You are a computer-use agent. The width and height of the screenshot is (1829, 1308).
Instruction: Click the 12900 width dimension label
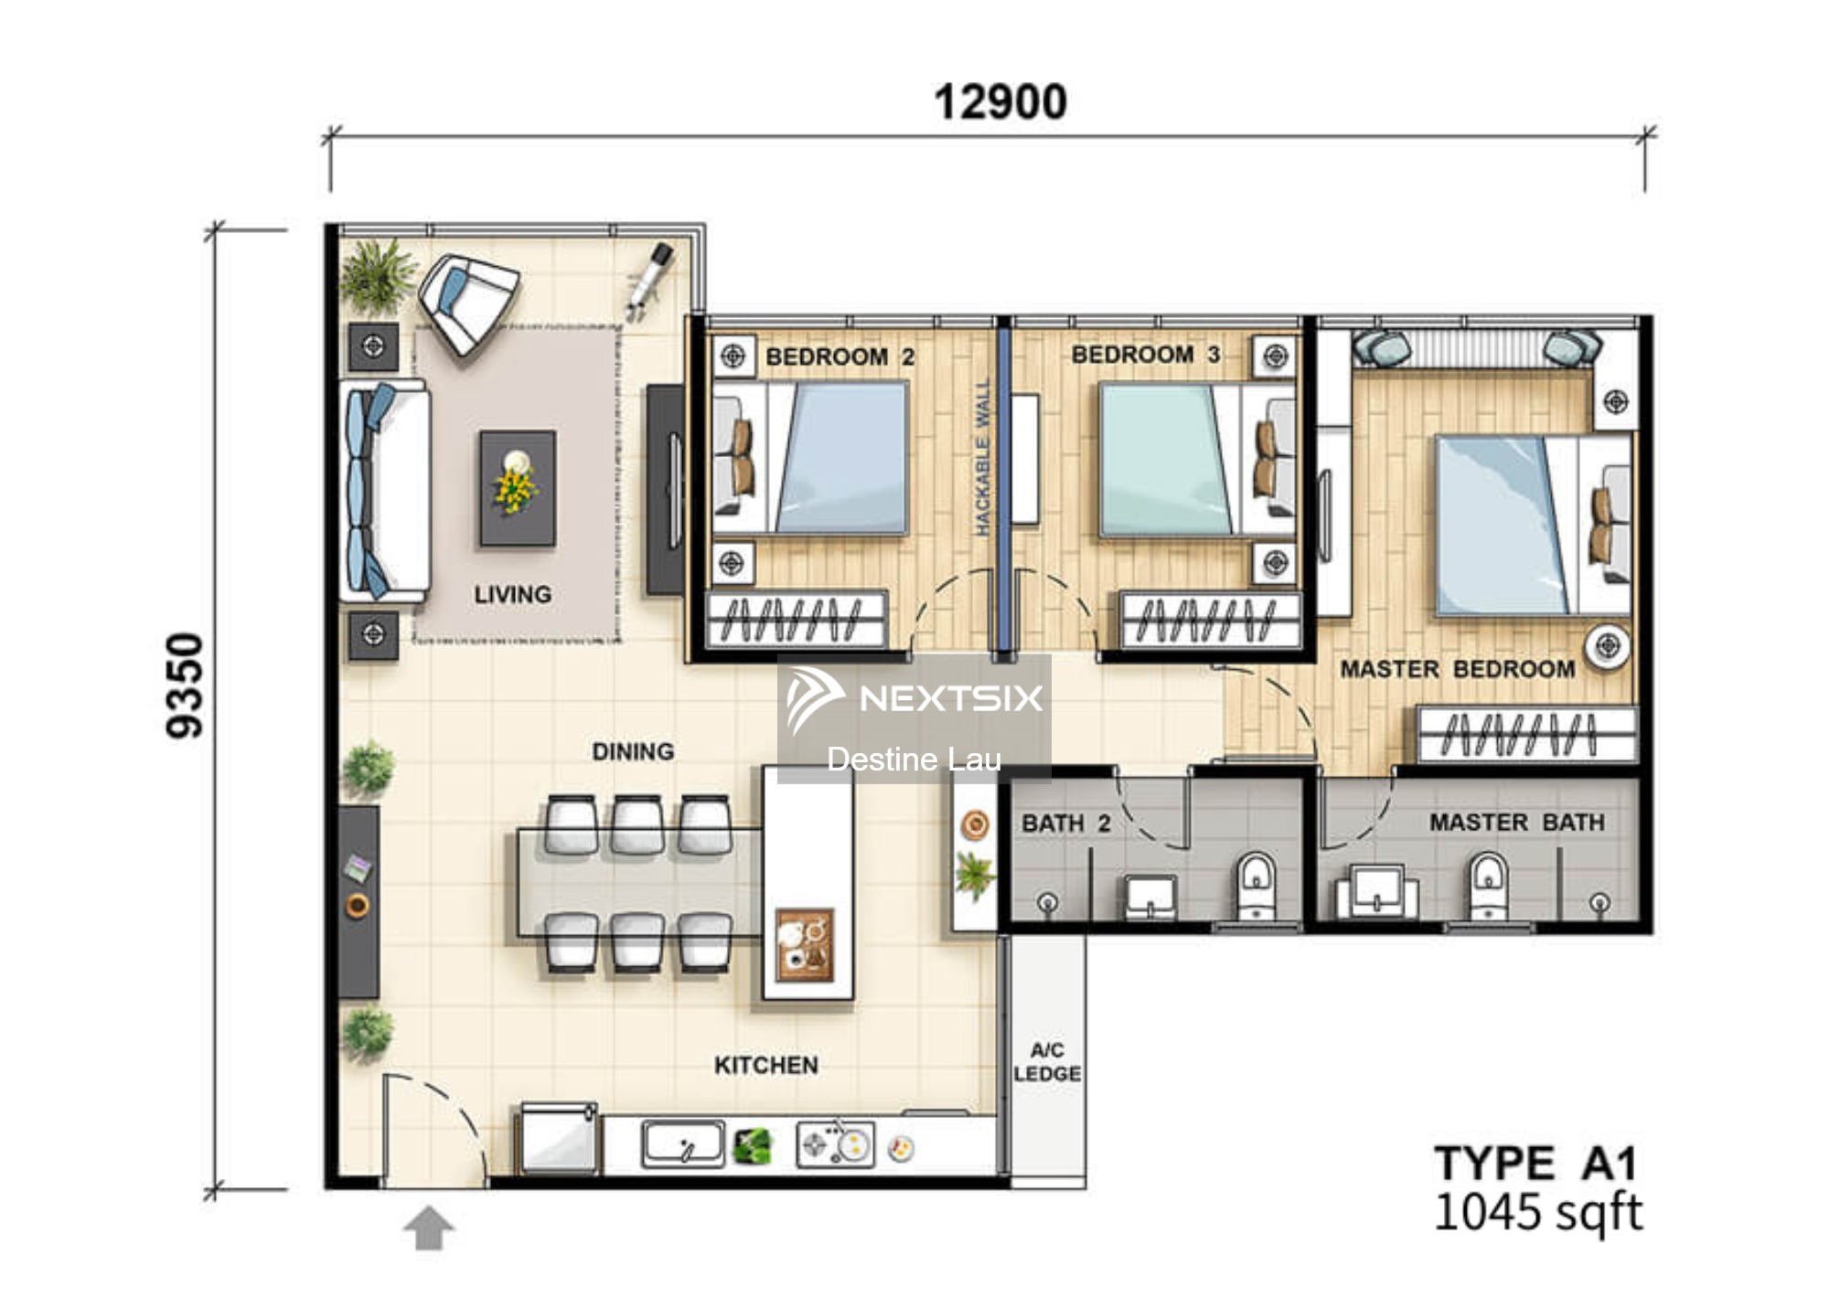(1000, 101)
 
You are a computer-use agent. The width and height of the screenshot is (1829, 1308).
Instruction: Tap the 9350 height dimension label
(185, 685)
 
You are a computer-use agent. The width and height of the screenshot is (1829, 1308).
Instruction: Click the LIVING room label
(512, 595)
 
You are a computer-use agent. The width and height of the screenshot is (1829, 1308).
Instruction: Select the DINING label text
(633, 751)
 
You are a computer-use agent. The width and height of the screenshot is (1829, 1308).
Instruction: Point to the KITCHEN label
(765, 1065)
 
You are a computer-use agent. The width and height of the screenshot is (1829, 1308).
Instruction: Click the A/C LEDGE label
(1047, 1061)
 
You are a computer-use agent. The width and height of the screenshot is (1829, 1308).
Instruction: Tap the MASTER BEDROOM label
(1458, 669)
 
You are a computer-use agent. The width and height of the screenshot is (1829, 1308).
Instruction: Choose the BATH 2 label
(1065, 824)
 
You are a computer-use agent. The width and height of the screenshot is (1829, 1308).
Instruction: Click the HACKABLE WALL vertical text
(982, 457)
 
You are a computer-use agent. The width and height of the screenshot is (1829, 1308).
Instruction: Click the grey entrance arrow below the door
(429, 1228)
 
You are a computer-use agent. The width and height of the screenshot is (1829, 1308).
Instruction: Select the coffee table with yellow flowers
(518, 488)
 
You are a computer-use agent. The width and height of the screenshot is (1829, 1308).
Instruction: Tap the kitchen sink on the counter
(683, 1144)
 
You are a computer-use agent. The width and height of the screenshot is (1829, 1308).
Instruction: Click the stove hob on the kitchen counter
(835, 1144)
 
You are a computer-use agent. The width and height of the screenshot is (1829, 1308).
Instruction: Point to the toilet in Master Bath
(1488, 884)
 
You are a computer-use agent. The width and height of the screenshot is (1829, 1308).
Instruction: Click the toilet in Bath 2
(1256, 884)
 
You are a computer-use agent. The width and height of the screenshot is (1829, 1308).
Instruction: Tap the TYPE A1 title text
(1535, 1164)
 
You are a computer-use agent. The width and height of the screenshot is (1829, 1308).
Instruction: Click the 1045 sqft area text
(1537, 1212)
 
